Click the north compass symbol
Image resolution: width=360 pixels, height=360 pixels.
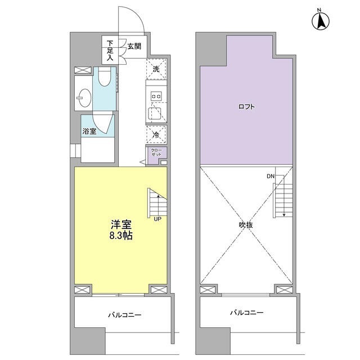[x=320, y=21]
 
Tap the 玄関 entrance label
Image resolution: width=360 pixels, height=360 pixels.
[x=134, y=46]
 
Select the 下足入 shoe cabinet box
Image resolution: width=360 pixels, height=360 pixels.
[x=110, y=49]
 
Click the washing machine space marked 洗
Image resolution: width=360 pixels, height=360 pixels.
[x=156, y=69]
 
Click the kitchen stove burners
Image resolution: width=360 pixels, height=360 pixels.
[x=156, y=96]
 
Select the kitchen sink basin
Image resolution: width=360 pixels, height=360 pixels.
[x=156, y=114]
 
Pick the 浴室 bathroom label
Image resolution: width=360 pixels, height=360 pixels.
[x=89, y=132]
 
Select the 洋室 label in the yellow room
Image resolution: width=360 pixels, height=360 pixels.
[x=121, y=223]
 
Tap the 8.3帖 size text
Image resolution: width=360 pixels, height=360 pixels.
[x=121, y=236]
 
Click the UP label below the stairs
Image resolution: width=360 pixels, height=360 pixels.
[x=157, y=219]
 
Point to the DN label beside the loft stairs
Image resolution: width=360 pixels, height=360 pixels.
[x=271, y=177]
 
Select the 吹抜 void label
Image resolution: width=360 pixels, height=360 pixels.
[x=246, y=224]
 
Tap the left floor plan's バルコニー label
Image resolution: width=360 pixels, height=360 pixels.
[x=125, y=315]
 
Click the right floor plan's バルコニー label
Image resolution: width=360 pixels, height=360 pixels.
[x=246, y=312]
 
